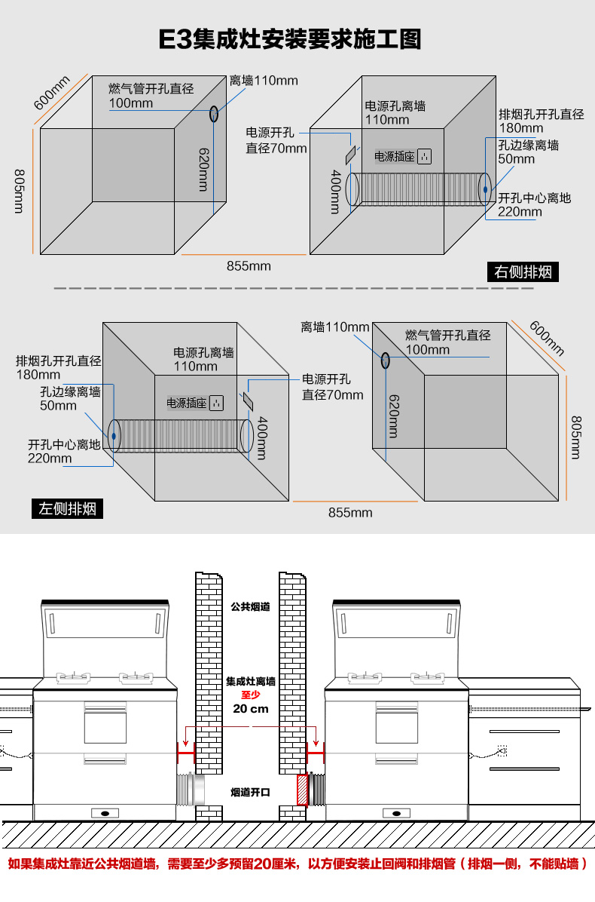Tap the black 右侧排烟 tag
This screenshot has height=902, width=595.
(x=523, y=272)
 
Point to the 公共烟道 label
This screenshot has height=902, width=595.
(x=250, y=606)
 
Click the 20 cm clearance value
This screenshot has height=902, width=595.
(x=250, y=709)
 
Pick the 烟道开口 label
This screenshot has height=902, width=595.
(x=250, y=792)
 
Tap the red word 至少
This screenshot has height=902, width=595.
(x=250, y=695)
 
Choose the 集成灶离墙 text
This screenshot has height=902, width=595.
(x=250, y=681)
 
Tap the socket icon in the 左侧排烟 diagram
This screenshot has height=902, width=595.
(x=218, y=403)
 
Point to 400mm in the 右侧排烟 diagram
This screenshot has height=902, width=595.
(x=336, y=191)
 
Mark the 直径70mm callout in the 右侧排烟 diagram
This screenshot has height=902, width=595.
(x=276, y=149)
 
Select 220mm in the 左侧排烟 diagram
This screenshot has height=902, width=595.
(x=50, y=458)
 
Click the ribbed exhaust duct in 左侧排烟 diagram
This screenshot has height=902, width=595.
(x=181, y=436)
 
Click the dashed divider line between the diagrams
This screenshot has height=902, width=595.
(x=294, y=287)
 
